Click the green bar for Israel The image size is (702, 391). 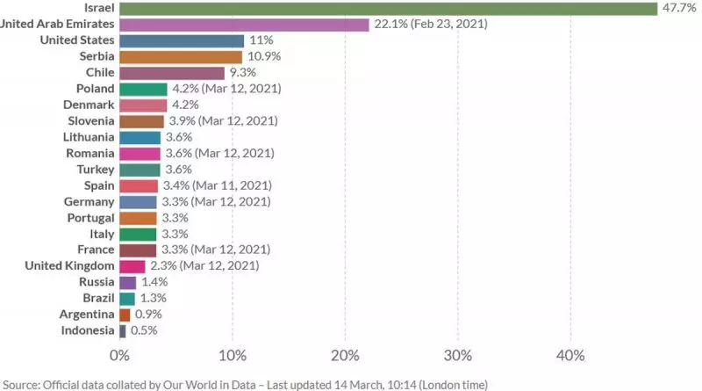click(388, 9)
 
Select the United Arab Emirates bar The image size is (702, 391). click(244, 25)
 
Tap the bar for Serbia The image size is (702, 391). click(180, 57)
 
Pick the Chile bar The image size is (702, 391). click(171, 73)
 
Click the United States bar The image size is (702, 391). click(181, 41)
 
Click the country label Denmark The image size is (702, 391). click(88, 105)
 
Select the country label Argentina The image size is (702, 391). click(86, 315)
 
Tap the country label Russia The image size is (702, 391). click(96, 282)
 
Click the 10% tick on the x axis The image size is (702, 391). click(232, 356)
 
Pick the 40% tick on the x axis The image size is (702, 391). click(570, 356)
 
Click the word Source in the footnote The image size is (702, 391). click(22, 384)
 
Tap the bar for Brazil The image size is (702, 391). click(126, 299)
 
